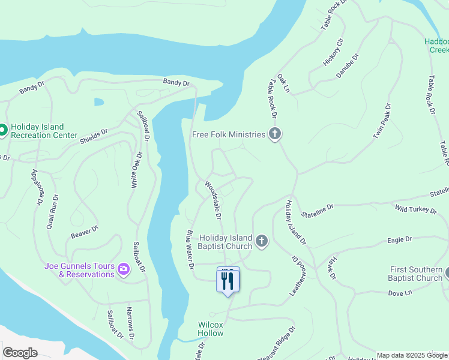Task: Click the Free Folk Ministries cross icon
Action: click(x=275, y=134)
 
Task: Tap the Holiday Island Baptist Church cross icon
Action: click(x=261, y=241)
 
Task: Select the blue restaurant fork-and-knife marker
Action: click(x=228, y=280)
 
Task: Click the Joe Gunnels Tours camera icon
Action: click(x=124, y=269)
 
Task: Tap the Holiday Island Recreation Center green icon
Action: click(x=2, y=130)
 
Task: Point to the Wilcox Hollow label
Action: click(x=211, y=329)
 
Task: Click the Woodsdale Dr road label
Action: click(x=213, y=200)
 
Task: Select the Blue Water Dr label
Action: click(x=190, y=249)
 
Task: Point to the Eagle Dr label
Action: click(x=400, y=239)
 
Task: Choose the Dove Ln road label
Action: click(x=400, y=293)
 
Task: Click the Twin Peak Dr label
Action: click(x=382, y=122)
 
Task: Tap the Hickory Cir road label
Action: click(x=333, y=52)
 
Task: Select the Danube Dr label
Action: click(x=347, y=65)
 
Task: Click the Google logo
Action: click(x=20, y=353)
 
